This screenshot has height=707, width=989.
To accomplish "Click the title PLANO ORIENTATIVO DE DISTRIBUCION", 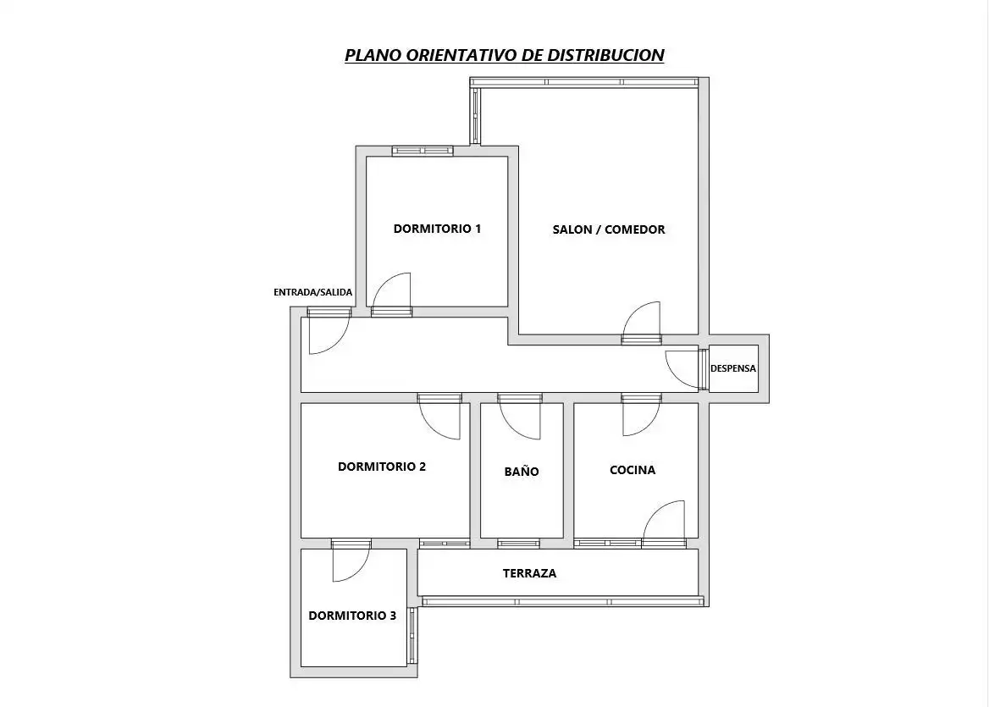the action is (x=504, y=55).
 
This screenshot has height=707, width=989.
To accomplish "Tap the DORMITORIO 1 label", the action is (x=437, y=229).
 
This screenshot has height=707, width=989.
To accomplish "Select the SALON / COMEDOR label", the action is (x=609, y=229).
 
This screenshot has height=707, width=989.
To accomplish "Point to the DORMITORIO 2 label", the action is (x=382, y=467).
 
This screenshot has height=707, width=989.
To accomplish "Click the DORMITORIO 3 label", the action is (x=352, y=616).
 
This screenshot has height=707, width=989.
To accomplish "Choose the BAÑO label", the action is (x=522, y=471).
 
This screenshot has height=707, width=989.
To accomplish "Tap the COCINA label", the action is (x=632, y=470).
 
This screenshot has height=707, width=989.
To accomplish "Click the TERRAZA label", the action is (x=529, y=573).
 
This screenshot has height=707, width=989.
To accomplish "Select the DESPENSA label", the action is (x=733, y=368).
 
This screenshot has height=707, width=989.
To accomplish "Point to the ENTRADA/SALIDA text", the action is (x=312, y=292).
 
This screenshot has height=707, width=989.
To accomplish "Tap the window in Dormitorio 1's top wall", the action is (x=423, y=151).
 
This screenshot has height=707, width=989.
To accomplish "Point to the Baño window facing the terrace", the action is (x=518, y=544).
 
